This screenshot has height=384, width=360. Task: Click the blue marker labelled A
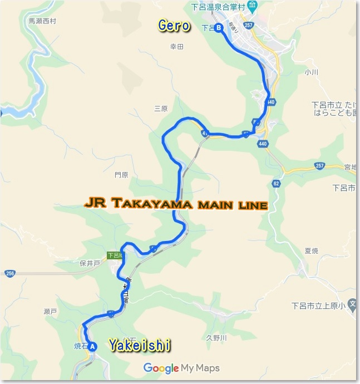[93, 346]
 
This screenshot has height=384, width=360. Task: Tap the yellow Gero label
[174, 26]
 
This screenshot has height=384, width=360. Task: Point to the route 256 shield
[10, 273]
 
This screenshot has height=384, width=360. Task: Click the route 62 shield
[277, 183]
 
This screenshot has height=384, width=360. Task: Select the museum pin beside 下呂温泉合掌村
[253, 8]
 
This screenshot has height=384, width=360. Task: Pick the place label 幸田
[176, 47]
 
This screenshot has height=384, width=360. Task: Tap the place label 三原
[161, 109]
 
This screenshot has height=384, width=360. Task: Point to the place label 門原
[121, 174]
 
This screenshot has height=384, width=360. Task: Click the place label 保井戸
[89, 263]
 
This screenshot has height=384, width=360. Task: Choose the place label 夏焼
[312, 251]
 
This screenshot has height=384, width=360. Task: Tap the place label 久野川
[216, 338]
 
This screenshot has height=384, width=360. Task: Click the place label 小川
[310, 72]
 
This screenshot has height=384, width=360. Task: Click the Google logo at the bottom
[161, 368]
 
